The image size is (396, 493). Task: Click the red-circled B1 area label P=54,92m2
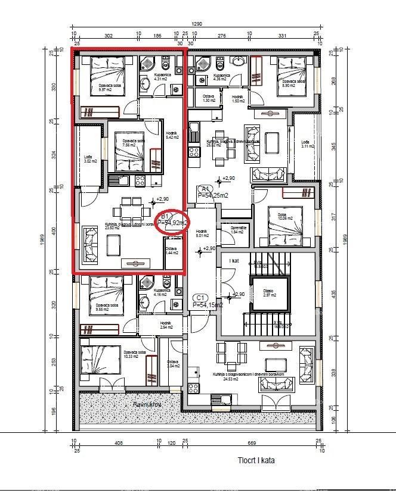(172, 222)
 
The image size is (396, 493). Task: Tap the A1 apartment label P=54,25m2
(214, 194)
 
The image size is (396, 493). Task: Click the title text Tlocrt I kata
(256, 460)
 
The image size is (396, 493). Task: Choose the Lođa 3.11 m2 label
(307, 143)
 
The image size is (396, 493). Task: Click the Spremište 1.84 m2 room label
(238, 229)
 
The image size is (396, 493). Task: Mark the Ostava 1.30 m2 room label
(208, 99)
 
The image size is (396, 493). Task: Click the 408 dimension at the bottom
(118, 444)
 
